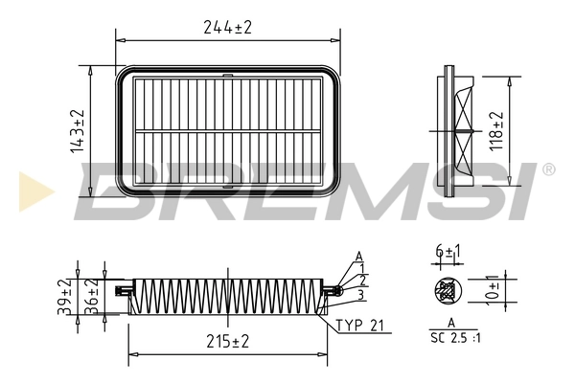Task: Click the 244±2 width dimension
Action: point(227,28)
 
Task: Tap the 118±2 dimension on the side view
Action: point(496,130)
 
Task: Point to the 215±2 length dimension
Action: point(227,342)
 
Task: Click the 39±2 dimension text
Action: point(64,297)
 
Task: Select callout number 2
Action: point(364,281)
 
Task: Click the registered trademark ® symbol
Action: point(547,169)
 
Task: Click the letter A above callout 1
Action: point(358,256)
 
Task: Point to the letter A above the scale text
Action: point(449,326)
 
